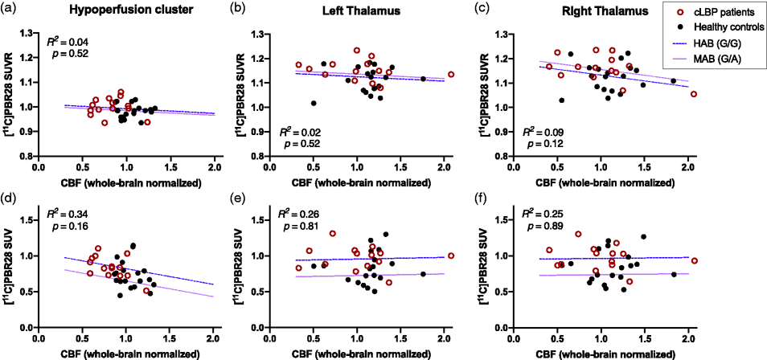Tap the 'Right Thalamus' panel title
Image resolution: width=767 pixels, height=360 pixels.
click(599, 9)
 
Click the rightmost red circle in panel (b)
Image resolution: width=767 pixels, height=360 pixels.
click(451, 75)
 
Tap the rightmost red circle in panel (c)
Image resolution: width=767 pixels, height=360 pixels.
click(693, 94)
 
